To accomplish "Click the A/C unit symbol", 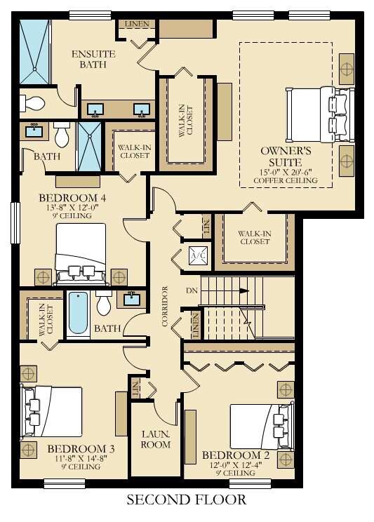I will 199,257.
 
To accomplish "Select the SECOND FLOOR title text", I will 187,500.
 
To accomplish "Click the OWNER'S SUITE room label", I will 286,156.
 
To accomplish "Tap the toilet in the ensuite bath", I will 32,103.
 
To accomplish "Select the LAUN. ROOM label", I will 156,439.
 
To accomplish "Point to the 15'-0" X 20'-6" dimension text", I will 286,172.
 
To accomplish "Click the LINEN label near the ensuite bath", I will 138,25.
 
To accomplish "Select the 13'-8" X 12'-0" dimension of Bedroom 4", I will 72,208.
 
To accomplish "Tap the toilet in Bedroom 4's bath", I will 61,132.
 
